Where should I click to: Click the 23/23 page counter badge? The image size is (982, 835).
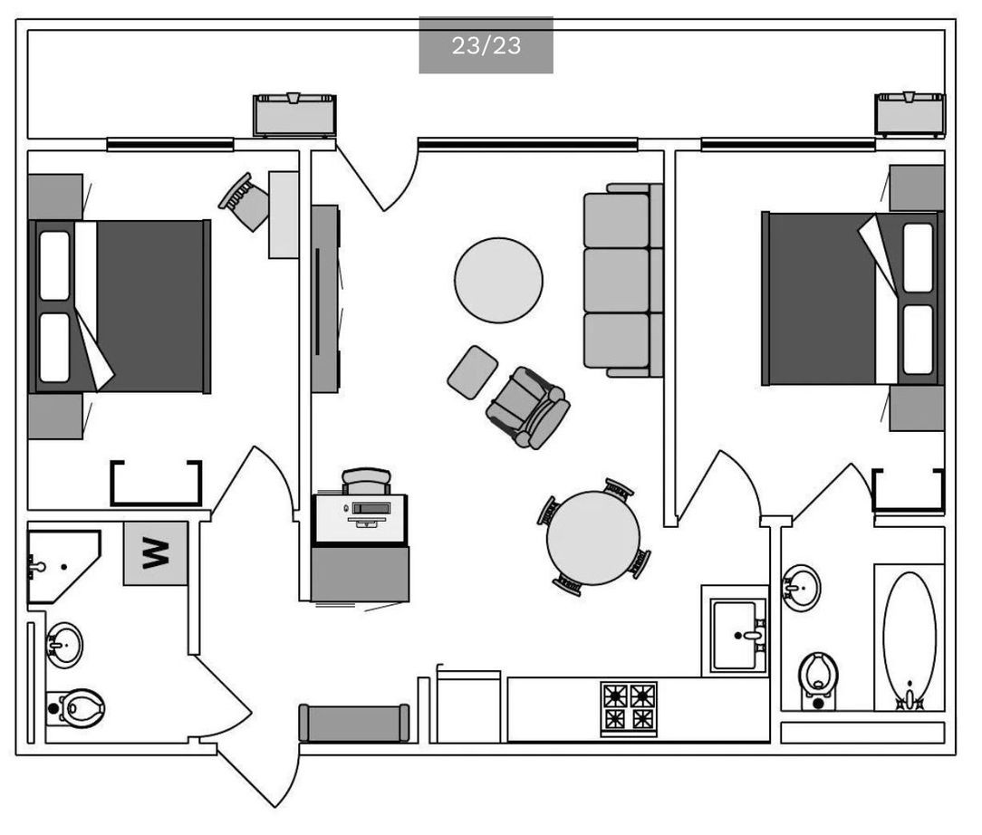[x=486, y=45]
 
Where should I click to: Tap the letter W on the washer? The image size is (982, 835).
[x=155, y=552]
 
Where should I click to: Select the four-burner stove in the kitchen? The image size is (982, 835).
[x=629, y=708]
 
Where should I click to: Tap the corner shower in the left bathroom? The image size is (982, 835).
[x=60, y=567]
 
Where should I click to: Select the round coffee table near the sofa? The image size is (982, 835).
[x=498, y=280]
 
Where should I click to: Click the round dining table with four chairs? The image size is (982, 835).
[x=593, y=538]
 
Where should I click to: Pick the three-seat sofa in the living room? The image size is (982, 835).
[x=622, y=281]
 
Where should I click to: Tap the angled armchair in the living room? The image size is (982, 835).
[x=528, y=408]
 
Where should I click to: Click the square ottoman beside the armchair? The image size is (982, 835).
[x=472, y=371]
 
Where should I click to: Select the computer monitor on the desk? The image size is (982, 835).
[x=370, y=508]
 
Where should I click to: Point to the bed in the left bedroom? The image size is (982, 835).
[x=120, y=307]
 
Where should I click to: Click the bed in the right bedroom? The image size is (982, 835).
[x=852, y=299]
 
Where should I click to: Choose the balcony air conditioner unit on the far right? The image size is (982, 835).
[x=910, y=114]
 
